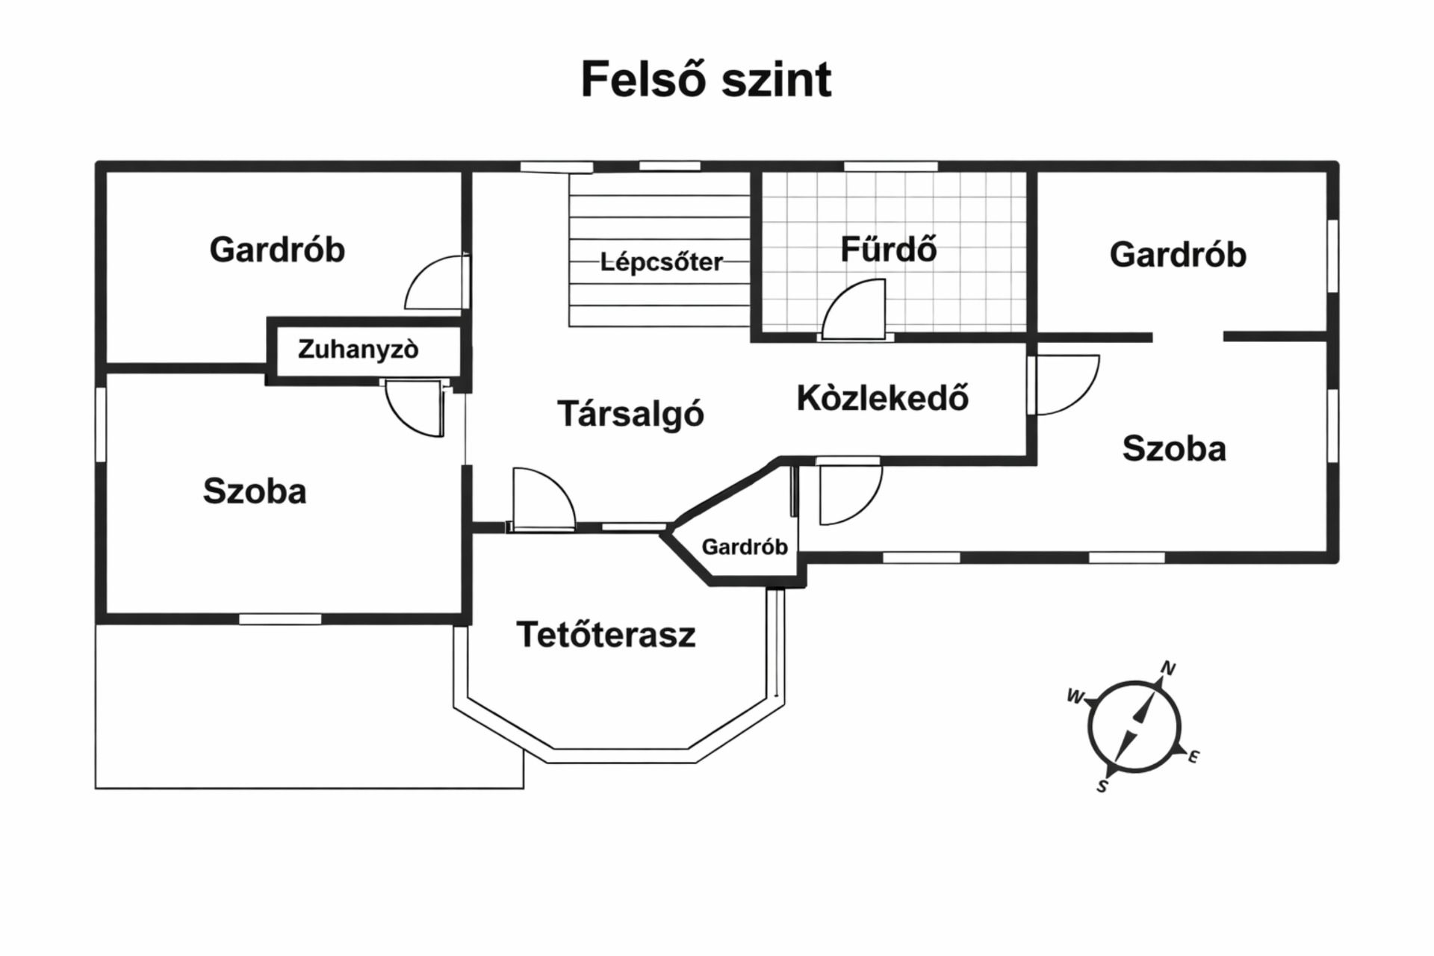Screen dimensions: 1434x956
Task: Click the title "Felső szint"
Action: (706, 79)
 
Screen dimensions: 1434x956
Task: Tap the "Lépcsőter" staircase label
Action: (661, 262)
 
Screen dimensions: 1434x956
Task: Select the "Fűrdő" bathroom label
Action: (888, 249)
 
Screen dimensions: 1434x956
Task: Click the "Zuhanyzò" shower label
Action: (358, 349)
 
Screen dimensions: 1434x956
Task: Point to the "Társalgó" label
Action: (630, 414)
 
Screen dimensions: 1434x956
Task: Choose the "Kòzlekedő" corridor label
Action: (882, 397)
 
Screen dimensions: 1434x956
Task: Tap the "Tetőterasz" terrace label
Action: (606, 635)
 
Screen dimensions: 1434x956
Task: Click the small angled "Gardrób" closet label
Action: (745, 547)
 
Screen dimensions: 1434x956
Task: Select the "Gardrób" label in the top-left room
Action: (277, 249)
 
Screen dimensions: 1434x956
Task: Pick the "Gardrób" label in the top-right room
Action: (1178, 255)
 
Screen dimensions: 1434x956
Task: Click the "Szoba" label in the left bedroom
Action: (255, 491)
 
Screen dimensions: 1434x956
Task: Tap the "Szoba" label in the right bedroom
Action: (1174, 449)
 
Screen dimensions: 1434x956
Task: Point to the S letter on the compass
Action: (1102, 786)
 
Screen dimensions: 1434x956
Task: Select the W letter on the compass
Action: (1075, 696)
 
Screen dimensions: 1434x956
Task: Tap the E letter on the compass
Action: (1193, 757)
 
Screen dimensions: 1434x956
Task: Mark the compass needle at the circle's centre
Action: (1134, 727)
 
